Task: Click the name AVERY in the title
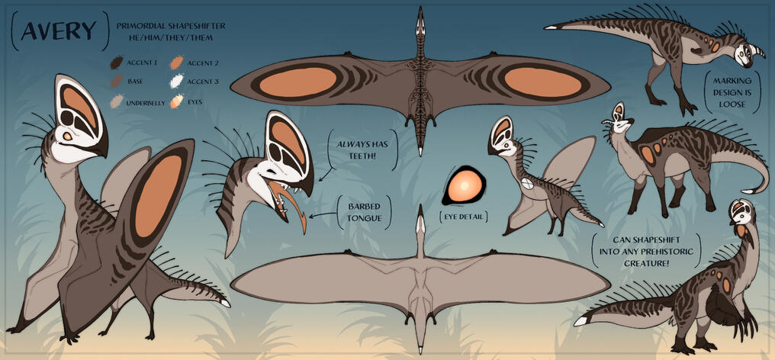(59, 31)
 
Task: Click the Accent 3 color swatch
(176, 81)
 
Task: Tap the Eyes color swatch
(176, 101)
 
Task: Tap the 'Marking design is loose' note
(732, 94)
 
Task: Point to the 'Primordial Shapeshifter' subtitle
(171, 26)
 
